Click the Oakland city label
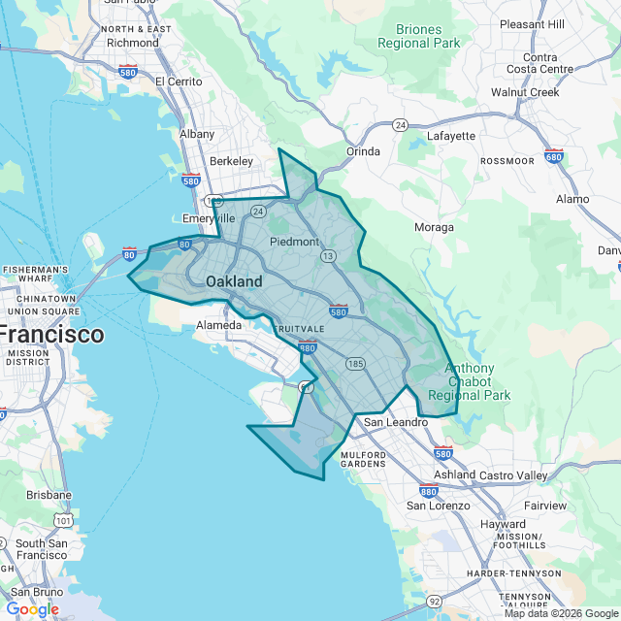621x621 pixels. click(234, 281)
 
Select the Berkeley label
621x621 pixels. click(231, 161)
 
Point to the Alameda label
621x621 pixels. click(218, 325)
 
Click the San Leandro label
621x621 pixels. click(396, 422)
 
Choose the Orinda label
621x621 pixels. click(363, 151)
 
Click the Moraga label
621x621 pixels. click(434, 227)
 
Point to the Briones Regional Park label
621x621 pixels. click(419, 36)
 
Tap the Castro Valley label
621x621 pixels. click(511, 475)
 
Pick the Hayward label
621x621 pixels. click(503, 524)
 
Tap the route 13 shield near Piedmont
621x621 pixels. click(329, 256)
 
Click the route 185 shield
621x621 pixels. click(355, 363)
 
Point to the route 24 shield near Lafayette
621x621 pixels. click(400, 125)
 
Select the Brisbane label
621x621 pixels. click(49, 494)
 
